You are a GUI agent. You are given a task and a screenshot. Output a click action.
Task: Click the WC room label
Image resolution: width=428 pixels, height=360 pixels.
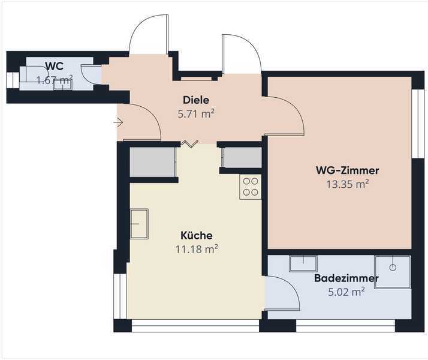pos(55,66)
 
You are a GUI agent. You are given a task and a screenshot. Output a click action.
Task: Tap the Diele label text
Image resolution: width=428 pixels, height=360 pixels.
pos(196,100)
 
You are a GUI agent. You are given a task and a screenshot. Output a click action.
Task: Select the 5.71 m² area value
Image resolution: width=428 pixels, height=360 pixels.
pos(196,113)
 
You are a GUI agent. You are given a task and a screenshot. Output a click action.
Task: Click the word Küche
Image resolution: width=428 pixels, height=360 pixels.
pos(197,235)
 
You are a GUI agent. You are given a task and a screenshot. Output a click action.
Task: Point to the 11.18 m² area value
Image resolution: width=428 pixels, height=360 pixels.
pos(197,249)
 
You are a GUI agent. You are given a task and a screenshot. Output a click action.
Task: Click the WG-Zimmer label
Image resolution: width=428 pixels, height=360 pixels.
pos(347,170)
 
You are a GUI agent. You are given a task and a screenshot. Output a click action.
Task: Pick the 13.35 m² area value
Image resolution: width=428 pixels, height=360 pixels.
pos(348,184)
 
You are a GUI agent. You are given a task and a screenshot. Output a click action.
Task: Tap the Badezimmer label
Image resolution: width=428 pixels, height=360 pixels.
pos(346,278)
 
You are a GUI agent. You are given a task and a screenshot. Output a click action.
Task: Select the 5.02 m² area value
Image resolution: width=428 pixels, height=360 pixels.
pos(346,292)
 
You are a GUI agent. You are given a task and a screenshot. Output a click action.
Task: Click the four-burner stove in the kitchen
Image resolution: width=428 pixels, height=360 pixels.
pos(251,187)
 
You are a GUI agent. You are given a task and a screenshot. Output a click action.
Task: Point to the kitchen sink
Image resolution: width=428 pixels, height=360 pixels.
pos(139,224)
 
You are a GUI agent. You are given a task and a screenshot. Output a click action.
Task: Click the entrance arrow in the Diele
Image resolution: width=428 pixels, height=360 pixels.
pos(119,122)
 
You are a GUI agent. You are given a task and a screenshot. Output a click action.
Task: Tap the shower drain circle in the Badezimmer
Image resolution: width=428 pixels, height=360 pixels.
pos(393,268)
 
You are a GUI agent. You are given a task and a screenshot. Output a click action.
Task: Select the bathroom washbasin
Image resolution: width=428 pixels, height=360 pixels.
pos(303,263)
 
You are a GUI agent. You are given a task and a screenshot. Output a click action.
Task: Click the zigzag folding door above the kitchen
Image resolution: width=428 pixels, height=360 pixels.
pos(189,144)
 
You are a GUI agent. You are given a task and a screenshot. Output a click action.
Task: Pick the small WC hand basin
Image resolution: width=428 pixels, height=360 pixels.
pos(63,85)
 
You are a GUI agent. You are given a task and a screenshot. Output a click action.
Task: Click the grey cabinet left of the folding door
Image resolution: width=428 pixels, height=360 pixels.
pos(153,162)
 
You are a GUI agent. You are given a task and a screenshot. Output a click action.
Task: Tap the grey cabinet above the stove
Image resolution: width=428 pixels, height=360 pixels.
pos(242,157)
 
